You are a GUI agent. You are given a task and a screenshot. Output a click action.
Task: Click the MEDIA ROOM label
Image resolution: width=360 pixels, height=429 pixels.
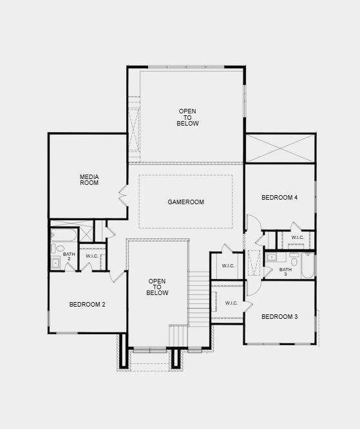tap(89, 180)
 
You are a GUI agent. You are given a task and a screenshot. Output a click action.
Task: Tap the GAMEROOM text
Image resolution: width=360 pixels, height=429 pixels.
tap(185, 202)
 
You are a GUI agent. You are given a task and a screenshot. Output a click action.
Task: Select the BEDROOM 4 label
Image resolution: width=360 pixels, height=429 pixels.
tap(279, 198)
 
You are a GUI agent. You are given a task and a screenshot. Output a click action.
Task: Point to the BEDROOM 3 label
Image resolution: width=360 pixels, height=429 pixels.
tap(279, 316)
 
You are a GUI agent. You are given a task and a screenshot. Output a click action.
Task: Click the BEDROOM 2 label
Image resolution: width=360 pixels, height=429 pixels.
tap(87, 305)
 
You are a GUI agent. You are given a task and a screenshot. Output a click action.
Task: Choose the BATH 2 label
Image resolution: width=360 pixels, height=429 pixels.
tap(69, 256)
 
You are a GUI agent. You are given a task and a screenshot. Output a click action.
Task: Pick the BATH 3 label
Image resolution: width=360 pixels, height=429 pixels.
tap(285, 272)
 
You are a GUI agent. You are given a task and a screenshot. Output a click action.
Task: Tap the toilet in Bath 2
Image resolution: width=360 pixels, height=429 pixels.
tap(60, 248)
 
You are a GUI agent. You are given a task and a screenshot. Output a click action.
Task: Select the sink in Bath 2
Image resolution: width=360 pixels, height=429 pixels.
tap(56, 262)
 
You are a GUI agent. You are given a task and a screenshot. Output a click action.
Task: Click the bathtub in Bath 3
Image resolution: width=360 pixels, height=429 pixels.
tap(307, 265)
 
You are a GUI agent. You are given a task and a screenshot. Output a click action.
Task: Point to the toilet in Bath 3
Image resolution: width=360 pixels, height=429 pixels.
tap(294, 262)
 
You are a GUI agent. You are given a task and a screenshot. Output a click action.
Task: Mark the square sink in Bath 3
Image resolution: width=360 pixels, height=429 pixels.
tap(272, 258)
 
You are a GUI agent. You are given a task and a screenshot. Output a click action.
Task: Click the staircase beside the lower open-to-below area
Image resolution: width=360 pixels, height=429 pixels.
tap(200, 300)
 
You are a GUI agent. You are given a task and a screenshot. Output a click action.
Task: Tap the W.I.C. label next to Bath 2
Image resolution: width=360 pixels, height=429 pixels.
tap(92, 256)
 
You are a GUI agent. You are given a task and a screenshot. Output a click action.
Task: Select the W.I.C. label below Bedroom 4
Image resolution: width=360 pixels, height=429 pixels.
tap(297, 238)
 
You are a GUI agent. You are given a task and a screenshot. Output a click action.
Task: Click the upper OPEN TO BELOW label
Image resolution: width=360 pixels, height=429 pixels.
tap(187, 117)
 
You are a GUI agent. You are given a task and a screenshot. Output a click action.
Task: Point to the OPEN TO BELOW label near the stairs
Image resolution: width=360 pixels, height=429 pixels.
tap(157, 287)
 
